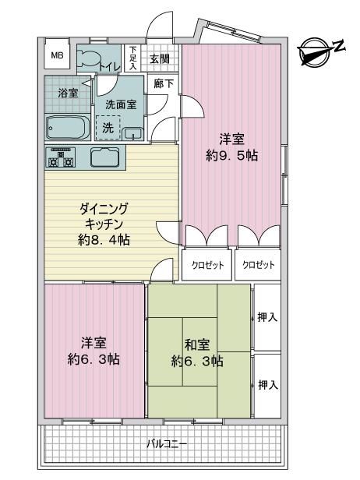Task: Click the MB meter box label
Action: [x=57, y=55]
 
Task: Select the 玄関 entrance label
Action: [x=160, y=58]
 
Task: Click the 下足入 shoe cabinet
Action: [x=132, y=58]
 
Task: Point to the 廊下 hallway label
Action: [x=164, y=83]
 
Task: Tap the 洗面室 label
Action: [x=121, y=104]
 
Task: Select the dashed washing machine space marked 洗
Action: [x=108, y=128]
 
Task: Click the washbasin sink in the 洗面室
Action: [x=132, y=133]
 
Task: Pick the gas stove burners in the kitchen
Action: [x=61, y=157]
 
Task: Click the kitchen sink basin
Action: [x=104, y=157]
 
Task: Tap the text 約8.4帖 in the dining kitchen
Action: [x=104, y=240]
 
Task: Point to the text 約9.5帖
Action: [x=231, y=156]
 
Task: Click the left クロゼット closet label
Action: [x=207, y=265]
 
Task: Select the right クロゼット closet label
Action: [x=259, y=264]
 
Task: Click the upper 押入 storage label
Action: [x=267, y=317]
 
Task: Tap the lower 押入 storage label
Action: [x=268, y=384]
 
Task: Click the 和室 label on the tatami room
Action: [x=197, y=344]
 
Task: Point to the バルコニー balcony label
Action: [x=167, y=443]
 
